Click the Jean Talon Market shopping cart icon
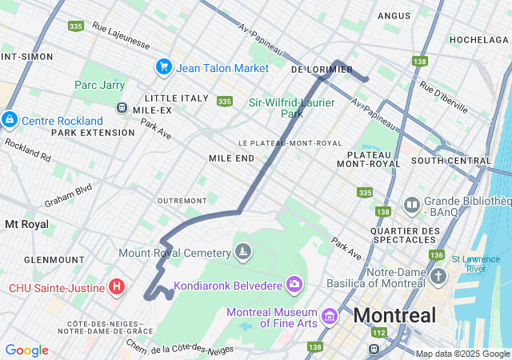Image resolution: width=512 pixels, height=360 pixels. [x=164, y=67]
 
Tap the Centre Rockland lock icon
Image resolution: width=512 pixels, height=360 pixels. [x=9, y=120]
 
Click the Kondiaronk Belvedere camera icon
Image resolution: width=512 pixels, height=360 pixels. [x=294, y=285]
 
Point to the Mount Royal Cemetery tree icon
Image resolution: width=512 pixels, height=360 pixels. [x=243, y=253]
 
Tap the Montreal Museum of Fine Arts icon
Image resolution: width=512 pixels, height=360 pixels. [x=328, y=318]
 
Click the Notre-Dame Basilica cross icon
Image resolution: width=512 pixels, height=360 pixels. [x=438, y=278]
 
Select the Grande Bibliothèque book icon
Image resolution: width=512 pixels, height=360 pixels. [x=412, y=206]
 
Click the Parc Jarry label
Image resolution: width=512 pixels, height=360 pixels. [x=99, y=85]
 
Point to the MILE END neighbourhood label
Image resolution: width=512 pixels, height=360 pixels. [x=231, y=158]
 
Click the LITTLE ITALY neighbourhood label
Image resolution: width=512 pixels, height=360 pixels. [x=177, y=98]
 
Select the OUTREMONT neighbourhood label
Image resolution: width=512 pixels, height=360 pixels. [x=182, y=200]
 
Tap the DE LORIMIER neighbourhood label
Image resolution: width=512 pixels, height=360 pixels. [x=322, y=70]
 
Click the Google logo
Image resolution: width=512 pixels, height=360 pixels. [x=26, y=350]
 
